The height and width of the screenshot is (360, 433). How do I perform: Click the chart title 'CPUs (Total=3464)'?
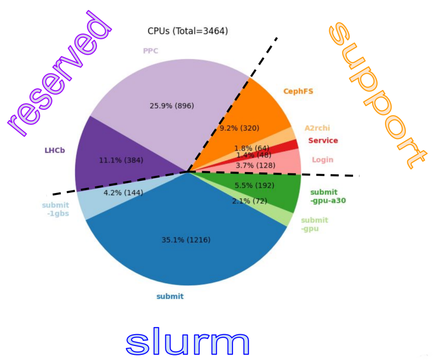pos(188,31)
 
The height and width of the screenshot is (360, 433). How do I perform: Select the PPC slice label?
pos(151,51)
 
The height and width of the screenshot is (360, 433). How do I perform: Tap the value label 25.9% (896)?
pos(172,106)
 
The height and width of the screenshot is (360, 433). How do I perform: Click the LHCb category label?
pos(55,150)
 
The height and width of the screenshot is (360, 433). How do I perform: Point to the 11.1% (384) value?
pos(121,160)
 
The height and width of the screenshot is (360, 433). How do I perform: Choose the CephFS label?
pos(298,91)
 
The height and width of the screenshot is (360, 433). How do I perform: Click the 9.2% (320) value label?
pos(239,128)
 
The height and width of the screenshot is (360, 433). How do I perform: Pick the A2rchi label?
pos(317,128)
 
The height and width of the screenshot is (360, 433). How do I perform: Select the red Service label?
pos(323,141)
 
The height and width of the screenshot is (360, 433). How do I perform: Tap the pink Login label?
pos(323,160)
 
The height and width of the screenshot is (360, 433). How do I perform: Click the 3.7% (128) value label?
pos(255,166)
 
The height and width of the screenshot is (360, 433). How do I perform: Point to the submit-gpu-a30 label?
pos(328,196)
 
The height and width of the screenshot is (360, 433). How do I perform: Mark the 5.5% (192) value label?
pos(254,185)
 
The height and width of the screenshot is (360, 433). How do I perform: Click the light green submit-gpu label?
pos(315,224)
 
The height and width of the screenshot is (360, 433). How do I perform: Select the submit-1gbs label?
pos(55,209)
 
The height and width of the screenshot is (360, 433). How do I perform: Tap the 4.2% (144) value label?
pos(123,193)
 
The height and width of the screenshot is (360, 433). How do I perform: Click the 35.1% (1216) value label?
pos(186,240)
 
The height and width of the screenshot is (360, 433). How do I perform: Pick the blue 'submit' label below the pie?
pos(170,297)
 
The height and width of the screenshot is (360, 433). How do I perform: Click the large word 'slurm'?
pos(187,341)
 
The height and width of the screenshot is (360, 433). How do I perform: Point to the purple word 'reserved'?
pos(59,74)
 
